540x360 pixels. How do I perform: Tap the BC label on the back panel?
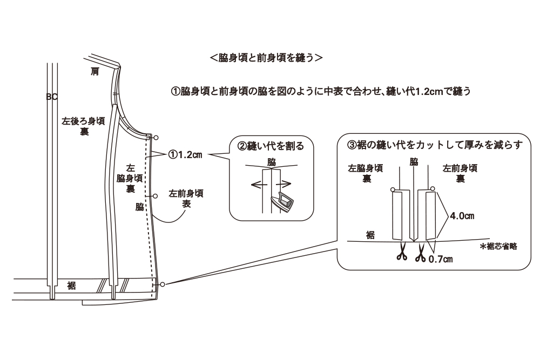click(52, 97)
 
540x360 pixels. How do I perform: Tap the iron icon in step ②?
click(283, 201)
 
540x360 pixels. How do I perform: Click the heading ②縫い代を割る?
click(271, 146)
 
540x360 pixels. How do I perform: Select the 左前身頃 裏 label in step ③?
click(460, 173)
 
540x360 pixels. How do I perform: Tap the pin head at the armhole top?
click(156, 138)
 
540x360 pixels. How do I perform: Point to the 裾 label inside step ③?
click(370, 234)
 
